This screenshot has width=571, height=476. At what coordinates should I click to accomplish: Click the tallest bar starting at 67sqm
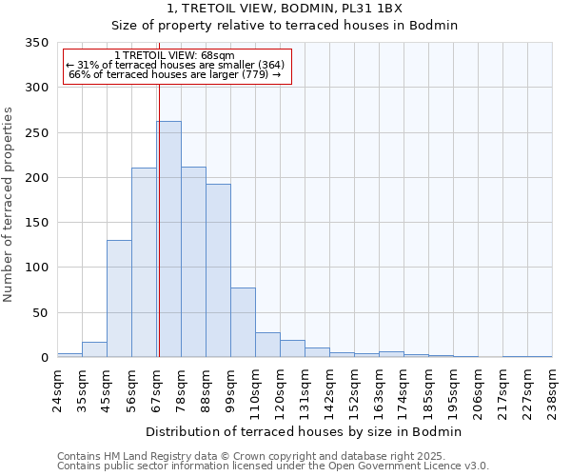click(x=168, y=239)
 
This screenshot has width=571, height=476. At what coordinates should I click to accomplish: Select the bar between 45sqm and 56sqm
click(x=119, y=298)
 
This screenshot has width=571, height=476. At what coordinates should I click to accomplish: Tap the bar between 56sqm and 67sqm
click(x=144, y=262)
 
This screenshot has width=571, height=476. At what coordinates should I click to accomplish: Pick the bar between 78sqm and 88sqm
click(x=193, y=262)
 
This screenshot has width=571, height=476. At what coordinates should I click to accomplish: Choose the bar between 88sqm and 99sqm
click(x=218, y=270)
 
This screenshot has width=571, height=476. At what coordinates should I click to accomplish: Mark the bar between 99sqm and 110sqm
click(x=243, y=322)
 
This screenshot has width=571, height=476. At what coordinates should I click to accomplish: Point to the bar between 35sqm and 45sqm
click(x=94, y=349)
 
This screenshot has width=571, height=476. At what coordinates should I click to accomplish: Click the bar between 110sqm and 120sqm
click(x=267, y=345)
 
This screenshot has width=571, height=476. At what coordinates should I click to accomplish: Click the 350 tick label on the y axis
click(x=36, y=43)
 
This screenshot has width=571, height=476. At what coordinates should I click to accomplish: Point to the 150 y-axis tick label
click(x=36, y=223)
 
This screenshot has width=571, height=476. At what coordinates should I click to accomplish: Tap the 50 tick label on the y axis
click(x=39, y=312)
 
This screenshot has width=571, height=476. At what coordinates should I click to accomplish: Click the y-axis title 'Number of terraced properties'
click(x=9, y=204)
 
